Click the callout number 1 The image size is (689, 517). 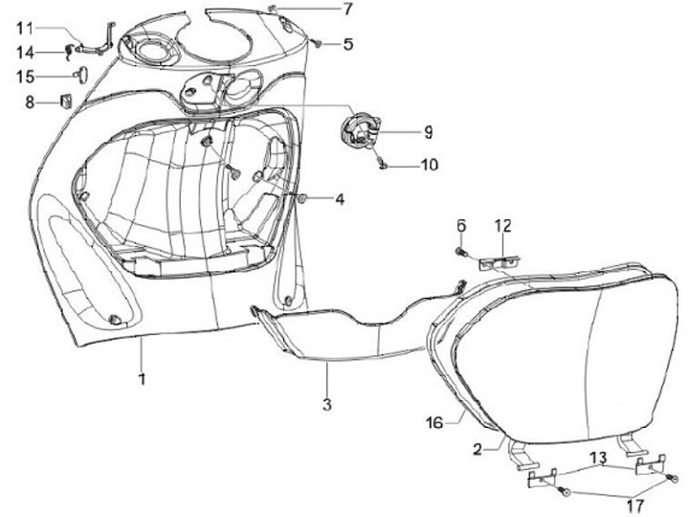point(141,379)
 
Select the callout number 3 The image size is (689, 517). point(326,405)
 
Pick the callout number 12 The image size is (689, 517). point(503,227)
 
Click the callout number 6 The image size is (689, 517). point(460,226)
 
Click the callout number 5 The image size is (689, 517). point(348,43)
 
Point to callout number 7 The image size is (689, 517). point(347,10)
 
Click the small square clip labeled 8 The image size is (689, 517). point(67,99)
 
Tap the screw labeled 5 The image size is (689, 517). point(317,42)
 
